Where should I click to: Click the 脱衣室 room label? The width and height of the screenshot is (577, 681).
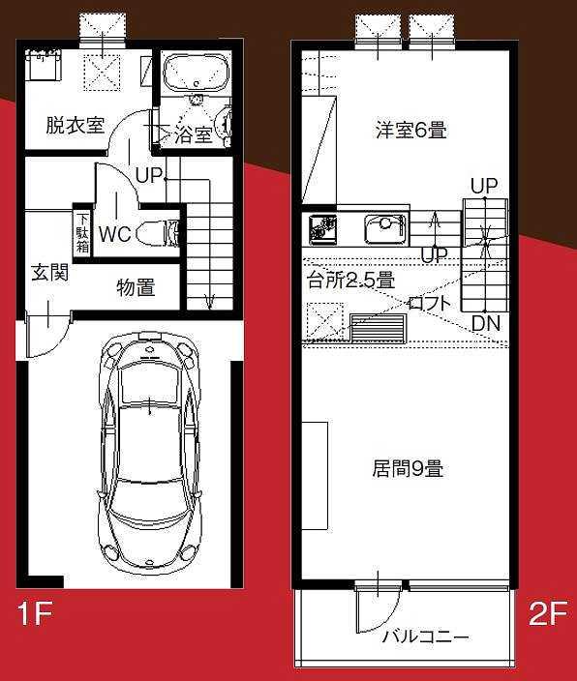(x=76, y=126)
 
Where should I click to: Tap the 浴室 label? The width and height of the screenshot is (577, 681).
(x=194, y=134)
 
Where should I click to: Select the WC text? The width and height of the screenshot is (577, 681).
(x=115, y=234)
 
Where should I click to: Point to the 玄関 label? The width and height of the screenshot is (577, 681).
(x=50, y=273)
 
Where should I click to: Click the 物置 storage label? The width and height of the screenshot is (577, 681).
(x=136, y=287)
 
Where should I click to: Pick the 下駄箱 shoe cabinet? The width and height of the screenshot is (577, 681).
(x=82, y=233)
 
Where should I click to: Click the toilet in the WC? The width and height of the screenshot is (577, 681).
(x=158, y=233)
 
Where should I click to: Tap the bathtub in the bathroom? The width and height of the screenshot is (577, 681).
(x=196, y=73)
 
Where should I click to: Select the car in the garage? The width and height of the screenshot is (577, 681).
(x=150, y=451)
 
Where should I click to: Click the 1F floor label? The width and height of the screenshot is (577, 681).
(x=35, y=613)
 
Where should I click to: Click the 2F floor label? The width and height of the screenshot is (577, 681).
(x=548, y=613)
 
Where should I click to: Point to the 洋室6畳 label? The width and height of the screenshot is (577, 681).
(x=411, y=130)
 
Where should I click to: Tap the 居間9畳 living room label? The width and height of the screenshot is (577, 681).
(x=408, y=469)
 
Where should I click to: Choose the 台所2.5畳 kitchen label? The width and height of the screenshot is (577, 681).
(x=350, y=281)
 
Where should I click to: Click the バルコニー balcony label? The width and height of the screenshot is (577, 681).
(x=426, y=637)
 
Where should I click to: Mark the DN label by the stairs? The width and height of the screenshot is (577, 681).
(x=486, y=323)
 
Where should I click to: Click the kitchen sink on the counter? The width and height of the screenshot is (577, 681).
(x=385, y=229)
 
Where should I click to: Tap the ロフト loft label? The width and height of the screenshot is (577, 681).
(x=429, y=303)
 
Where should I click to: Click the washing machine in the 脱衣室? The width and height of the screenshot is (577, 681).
(x=43, y=65)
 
